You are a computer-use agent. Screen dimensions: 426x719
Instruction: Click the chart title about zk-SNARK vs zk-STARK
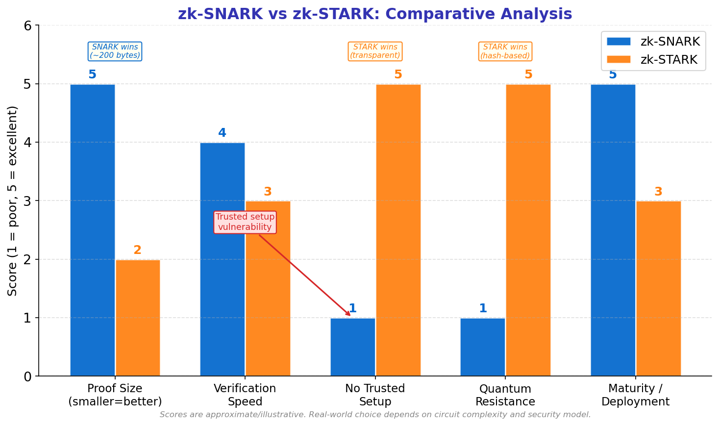(x=375, y=14)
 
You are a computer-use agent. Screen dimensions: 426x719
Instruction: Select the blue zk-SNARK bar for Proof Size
(x=93, y=230)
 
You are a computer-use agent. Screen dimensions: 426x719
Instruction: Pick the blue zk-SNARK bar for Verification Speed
(x=223, y=259)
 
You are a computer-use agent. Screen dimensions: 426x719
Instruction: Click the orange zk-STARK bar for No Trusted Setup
(x=398, y=230)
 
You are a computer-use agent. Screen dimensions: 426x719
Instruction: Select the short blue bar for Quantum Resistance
(x=483, y=347)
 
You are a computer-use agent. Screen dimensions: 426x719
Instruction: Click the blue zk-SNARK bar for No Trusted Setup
(x=353, y=347)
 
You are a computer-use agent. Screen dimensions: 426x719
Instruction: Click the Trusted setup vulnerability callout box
(x=245, y=222)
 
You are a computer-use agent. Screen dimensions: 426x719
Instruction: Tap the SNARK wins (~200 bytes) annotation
(x=115, y=51)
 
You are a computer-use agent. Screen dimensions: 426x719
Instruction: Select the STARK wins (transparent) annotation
(x=375, y=51)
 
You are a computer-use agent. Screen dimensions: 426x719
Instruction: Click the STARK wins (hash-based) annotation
(x=505, y=51)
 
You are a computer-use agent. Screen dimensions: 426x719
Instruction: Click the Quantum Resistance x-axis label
(x=505, y=395)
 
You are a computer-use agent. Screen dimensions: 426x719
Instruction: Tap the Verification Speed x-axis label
(x=245, y=395)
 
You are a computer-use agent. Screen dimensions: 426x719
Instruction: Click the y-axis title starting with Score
(x=13, y=201)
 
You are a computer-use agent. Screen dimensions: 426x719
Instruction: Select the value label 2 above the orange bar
(x=138, y=251)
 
